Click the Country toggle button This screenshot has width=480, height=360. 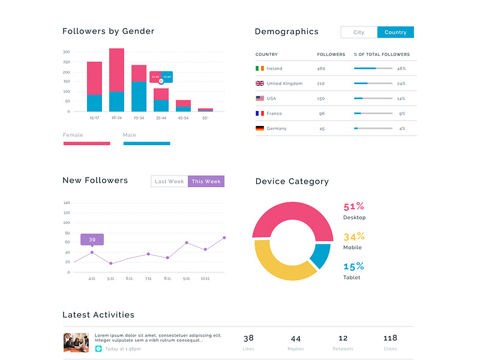[x=395, y=32]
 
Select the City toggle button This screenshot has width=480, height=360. [x=359, y=32]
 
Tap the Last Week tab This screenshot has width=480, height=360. [x=169, y=181]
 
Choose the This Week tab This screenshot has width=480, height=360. [x=206, y=181]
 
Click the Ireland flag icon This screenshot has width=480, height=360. [x=260, y=68]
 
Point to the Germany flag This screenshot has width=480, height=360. [x=260, y=128]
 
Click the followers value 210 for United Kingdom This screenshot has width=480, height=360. [x=321, y=83]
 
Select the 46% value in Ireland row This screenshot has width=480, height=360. [x=401, y=68]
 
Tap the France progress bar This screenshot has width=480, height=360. [x=373, y=113]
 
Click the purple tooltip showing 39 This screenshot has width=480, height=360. [x=92, y=239]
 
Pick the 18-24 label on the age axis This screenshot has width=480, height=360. [x=116, y=118]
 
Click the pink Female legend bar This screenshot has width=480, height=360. [x=86, y=143]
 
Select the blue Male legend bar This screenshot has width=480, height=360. [x=146, y=143]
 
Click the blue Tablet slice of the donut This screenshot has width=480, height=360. [x=321, y=256]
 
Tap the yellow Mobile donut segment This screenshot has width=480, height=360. [x=282, y=264]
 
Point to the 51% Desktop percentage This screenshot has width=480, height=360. [x=353, y=206]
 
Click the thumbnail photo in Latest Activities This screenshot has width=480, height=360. [x=76, y=343]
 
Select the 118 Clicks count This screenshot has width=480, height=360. [x=390, y=338]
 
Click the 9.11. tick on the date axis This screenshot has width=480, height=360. [x=187, y=278]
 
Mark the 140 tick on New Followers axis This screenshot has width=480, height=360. [x=67, y=203]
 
